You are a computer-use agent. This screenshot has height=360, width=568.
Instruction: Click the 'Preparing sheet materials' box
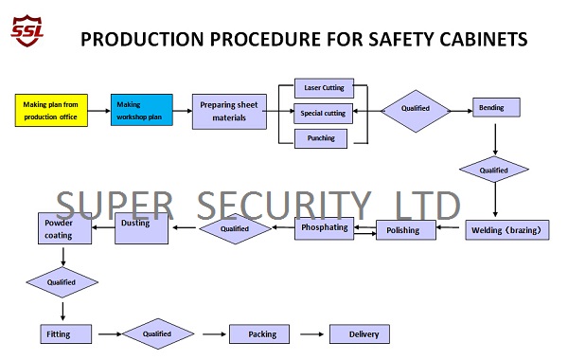point(228,111)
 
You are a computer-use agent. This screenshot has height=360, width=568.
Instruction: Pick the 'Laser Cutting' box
point(324,88)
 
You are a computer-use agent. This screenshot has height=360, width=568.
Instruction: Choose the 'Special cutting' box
point(324,114)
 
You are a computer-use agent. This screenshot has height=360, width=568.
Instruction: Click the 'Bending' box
point(496,108)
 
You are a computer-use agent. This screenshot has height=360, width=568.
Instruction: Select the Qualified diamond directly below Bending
point(494,170)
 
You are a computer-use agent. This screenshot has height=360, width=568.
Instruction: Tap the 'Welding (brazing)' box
point(507,229)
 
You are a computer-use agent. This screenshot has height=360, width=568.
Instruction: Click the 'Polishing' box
point(405,230)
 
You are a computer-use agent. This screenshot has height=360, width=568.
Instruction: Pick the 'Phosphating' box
point(323,228)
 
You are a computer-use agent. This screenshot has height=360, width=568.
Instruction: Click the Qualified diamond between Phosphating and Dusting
point(234,228)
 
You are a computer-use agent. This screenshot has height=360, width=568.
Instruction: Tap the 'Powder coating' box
point(63,228)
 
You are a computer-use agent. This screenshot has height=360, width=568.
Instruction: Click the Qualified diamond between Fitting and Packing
point(157,333)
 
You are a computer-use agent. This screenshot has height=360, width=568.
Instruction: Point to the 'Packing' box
point(262,333)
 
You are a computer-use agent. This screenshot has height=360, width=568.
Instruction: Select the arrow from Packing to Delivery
point(312,333)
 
